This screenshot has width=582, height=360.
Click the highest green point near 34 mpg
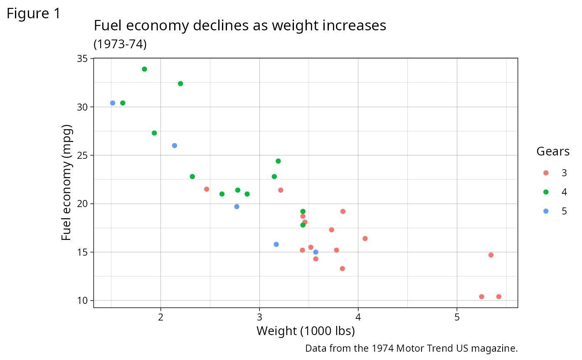click(144, 69)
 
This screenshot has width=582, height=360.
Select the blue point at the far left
click(113, 103)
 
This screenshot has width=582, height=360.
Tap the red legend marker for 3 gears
click(546, 173)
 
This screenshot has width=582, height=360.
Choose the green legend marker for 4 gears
click(546, 192)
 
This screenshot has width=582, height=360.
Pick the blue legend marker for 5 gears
click(546, 211)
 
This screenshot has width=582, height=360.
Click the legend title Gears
click(553, 151)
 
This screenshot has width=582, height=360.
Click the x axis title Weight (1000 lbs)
click(306, 331)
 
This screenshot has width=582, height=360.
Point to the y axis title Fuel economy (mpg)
click(67, 183)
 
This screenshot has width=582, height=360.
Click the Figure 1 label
click(34, 14)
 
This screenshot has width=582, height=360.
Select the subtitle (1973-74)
click(120, 44)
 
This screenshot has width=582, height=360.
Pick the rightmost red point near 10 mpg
click(498, 297)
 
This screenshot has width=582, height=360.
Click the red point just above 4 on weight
click(365, 239)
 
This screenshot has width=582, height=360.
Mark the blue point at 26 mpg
click(175, 145)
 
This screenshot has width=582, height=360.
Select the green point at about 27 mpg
click(154, 133)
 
